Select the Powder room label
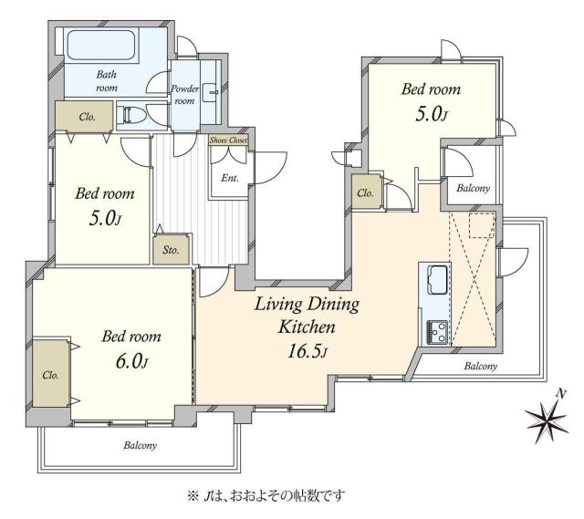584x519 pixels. tap(184, 95)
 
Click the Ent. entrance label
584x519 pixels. tap(228, 178)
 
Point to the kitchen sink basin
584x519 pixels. tap(433, 277)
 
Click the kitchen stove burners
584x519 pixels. tap(435, 332)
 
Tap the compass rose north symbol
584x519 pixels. tap(547, 419)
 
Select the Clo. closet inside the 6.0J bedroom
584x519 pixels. tap(50, 375)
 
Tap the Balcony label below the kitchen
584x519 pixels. tap(480, 366)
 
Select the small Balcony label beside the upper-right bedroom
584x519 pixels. tap(472, 189)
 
